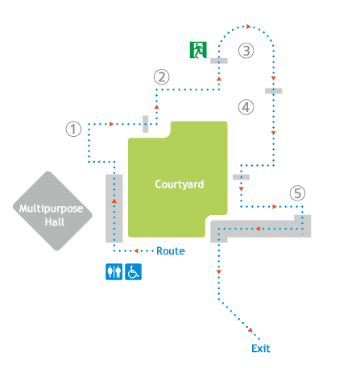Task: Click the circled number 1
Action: point(73,129)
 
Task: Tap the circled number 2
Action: point(162,77)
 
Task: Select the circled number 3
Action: point(246,51)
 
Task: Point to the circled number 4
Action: point(246,107)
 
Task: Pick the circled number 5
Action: point(297,193)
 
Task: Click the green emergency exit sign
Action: point(198,50)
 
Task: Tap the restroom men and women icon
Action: point(114,271)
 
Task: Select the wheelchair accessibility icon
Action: point(134,271)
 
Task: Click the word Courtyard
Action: point(180,184)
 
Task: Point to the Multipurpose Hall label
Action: point(51,215)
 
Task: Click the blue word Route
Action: point(171,251)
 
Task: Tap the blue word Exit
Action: point(261,349)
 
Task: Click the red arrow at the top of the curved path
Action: point(249,27)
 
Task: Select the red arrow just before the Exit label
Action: point(250,330)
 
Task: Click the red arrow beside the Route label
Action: point(136,251)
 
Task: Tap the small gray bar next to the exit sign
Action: point(219,60)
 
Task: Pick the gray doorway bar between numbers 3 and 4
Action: point(274,91)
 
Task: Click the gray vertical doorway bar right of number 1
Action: point(146,124)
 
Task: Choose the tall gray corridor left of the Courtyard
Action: point(114,209)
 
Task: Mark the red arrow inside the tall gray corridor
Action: point(114,201)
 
